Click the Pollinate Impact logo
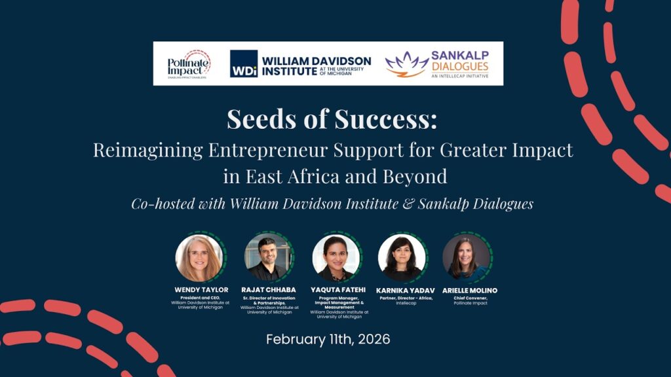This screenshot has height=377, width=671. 189,63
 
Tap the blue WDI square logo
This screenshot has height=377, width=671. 243,63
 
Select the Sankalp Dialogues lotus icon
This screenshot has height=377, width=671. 406,64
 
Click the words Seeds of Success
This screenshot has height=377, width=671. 332,119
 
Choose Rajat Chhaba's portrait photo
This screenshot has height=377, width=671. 268,257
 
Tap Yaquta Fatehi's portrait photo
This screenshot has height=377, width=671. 335,257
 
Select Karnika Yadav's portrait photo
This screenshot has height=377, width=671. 402,257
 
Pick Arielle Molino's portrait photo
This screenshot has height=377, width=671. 466,257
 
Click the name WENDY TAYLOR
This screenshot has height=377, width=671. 200,290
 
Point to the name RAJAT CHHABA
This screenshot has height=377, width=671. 269,290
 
